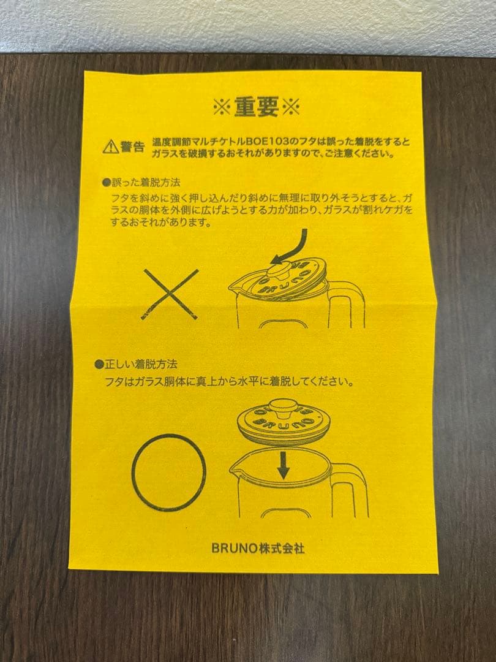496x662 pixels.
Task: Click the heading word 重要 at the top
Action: click(256, 107)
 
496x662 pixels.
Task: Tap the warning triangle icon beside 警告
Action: click(110, 146)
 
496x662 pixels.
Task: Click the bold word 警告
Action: click(132, 146)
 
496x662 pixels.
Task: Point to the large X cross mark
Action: click(171, 295)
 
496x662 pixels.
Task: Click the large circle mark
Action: click(169, 472)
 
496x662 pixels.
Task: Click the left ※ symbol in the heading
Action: click(222, 108)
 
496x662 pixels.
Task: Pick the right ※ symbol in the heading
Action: click(290, 108)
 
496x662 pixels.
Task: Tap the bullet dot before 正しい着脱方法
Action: click(98, 364)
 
